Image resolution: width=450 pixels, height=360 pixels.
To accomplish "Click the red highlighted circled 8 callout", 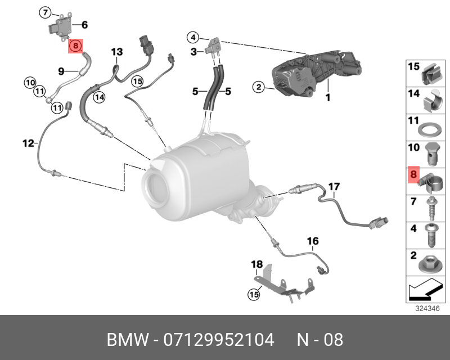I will click(x=75, y=46).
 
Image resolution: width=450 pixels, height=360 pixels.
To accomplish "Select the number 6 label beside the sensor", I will click(x=84, y=25).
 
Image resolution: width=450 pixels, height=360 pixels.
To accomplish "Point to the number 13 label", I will click(x=116, y=52).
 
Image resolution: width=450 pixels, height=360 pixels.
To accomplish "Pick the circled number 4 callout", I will click(x=193, y=38).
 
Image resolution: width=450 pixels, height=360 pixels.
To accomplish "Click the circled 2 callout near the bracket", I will click(x=258, y=87).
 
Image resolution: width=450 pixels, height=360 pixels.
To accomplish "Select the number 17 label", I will click(x=334, y=186).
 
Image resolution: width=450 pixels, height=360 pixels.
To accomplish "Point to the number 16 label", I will click(x=313, y=241).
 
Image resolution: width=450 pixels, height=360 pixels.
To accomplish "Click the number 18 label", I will click(x=256, y=264).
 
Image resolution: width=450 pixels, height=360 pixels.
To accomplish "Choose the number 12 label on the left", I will click(x=29, y=144).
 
